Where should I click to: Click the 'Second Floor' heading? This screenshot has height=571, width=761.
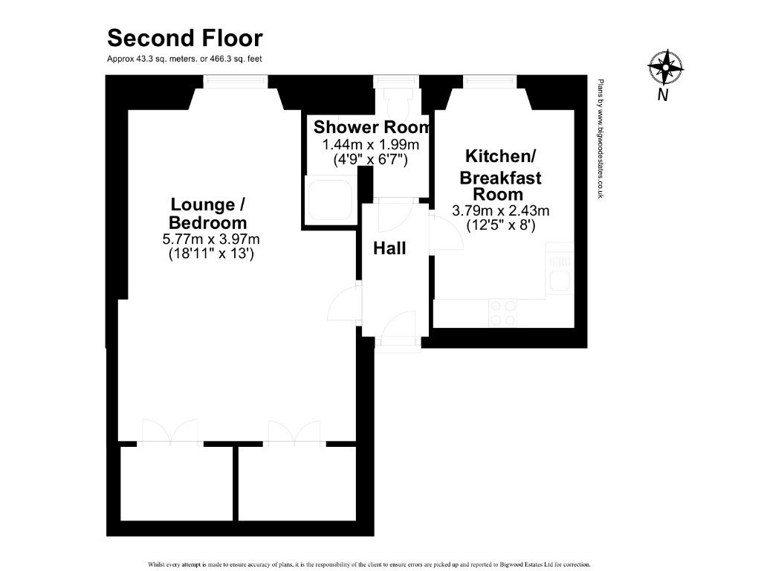coord(185,39)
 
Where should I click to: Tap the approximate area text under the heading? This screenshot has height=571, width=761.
coord(184,59)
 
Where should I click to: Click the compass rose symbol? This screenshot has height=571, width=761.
coord(665,66)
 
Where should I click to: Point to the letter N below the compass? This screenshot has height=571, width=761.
coord(662,94)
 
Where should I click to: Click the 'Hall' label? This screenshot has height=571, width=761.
coord(389,248)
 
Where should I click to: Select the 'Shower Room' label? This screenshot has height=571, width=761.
coord(372,127)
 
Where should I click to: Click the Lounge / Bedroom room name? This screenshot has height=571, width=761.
coord(208,213)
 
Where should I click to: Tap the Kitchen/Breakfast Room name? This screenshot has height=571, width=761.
coord(500,175)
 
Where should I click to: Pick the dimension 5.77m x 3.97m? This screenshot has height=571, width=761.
coord(211,239)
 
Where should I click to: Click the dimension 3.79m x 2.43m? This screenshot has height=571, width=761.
coord(500,210)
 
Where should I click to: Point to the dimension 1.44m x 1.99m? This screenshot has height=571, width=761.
coord(371,145)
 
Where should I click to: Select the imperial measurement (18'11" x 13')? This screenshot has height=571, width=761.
coord(211,254)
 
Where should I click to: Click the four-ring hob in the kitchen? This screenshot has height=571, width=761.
coord(503,313)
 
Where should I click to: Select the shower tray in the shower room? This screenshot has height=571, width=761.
coord(328,200)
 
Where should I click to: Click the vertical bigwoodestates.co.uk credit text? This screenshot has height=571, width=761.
coord(600,139)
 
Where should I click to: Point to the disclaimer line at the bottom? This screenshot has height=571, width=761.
coord(369,565)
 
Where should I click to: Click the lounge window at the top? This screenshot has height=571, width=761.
coord(236,82)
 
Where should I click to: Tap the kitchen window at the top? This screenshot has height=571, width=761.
coord(490,82)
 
